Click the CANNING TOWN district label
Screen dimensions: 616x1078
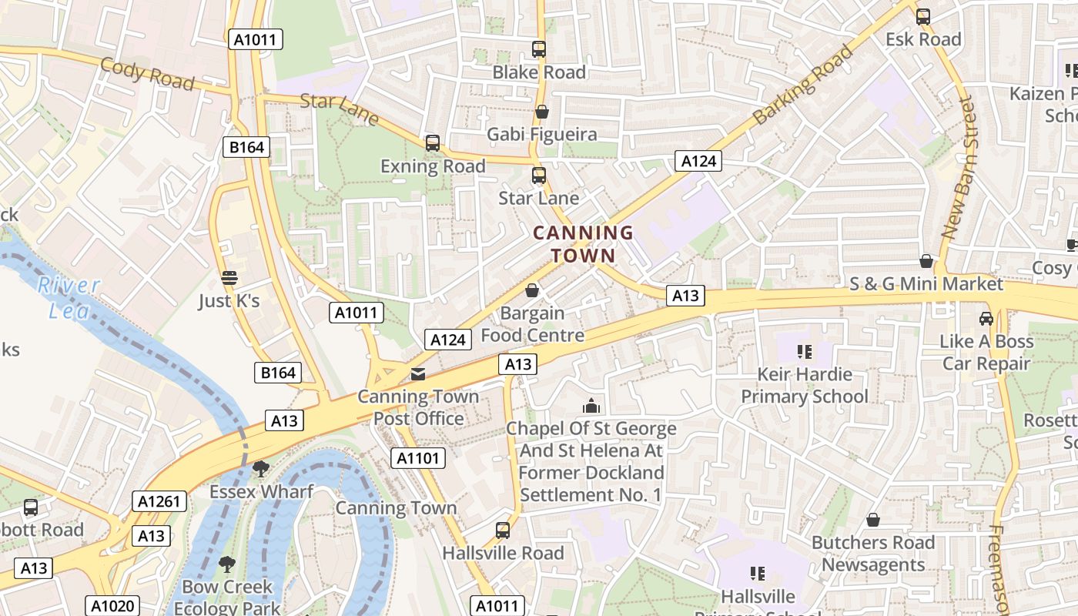(x=583, y=244)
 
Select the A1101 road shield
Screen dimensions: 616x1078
(x=418, y=458)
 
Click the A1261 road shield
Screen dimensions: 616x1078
(x=159, y=501)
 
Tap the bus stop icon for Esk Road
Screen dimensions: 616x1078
(x=922, y=16)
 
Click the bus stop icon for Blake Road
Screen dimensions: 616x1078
(x=539, y=49)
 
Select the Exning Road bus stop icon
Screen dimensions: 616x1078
(x=433, y=143)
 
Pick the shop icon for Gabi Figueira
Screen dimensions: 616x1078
(x=542, y=112)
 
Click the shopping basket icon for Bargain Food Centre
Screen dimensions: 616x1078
(x=531, y=290)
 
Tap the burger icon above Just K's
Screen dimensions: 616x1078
(x=229, y=278)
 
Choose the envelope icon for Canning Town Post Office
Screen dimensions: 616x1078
(x=417, y=375)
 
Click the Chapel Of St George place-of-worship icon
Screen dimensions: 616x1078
(x=591, y=406)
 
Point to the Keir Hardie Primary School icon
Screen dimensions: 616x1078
(x=805, y=352)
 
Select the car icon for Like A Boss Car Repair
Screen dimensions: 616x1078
(x=986, y=318)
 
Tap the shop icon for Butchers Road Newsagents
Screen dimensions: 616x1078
(x=872, y=520)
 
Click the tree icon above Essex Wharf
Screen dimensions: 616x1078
(x=261, y=469)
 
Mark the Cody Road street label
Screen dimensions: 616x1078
(x=146, y=74)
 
